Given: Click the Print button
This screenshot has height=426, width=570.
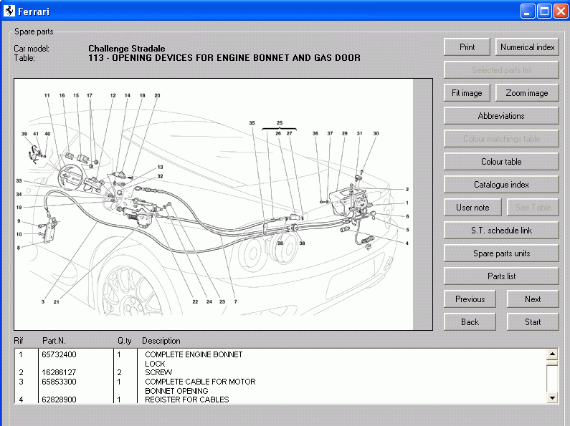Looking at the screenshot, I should click(467, 47).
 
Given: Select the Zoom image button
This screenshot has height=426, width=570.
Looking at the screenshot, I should click(526, 93).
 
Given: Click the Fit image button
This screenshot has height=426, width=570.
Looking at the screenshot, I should click(467, 93).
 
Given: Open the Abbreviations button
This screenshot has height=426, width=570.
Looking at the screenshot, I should click(501, 116).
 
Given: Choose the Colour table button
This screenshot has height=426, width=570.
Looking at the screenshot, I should click(501, 162).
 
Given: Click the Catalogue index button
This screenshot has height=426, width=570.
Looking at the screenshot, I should click(501, 185).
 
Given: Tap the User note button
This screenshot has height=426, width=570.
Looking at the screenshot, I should click(472, 208).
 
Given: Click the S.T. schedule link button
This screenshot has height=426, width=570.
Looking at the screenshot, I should click(501, 231).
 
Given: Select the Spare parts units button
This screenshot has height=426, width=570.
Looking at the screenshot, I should click(501, 253).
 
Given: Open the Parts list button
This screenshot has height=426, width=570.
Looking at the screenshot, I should click(501, 276).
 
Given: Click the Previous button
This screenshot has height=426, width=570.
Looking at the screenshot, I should click(470, 299).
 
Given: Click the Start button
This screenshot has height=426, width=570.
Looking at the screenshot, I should click(533, 322).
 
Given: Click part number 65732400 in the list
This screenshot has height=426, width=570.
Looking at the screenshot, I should click(60, 354).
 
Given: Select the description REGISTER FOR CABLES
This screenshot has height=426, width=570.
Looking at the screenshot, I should click(186, 400).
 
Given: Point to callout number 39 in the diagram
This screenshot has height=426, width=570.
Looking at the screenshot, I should click(24, 134).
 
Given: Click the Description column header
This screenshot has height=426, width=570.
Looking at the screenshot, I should click(161, 341).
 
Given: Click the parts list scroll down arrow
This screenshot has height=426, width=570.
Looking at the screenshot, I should click(552, 397).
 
